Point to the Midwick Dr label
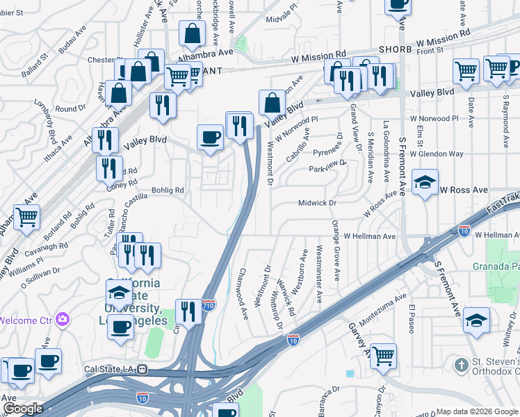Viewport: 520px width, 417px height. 317,203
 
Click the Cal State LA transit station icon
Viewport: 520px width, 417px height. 142,369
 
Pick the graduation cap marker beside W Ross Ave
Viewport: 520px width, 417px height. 425,183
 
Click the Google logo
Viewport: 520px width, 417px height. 22,409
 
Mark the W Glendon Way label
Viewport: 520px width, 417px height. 436,154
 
